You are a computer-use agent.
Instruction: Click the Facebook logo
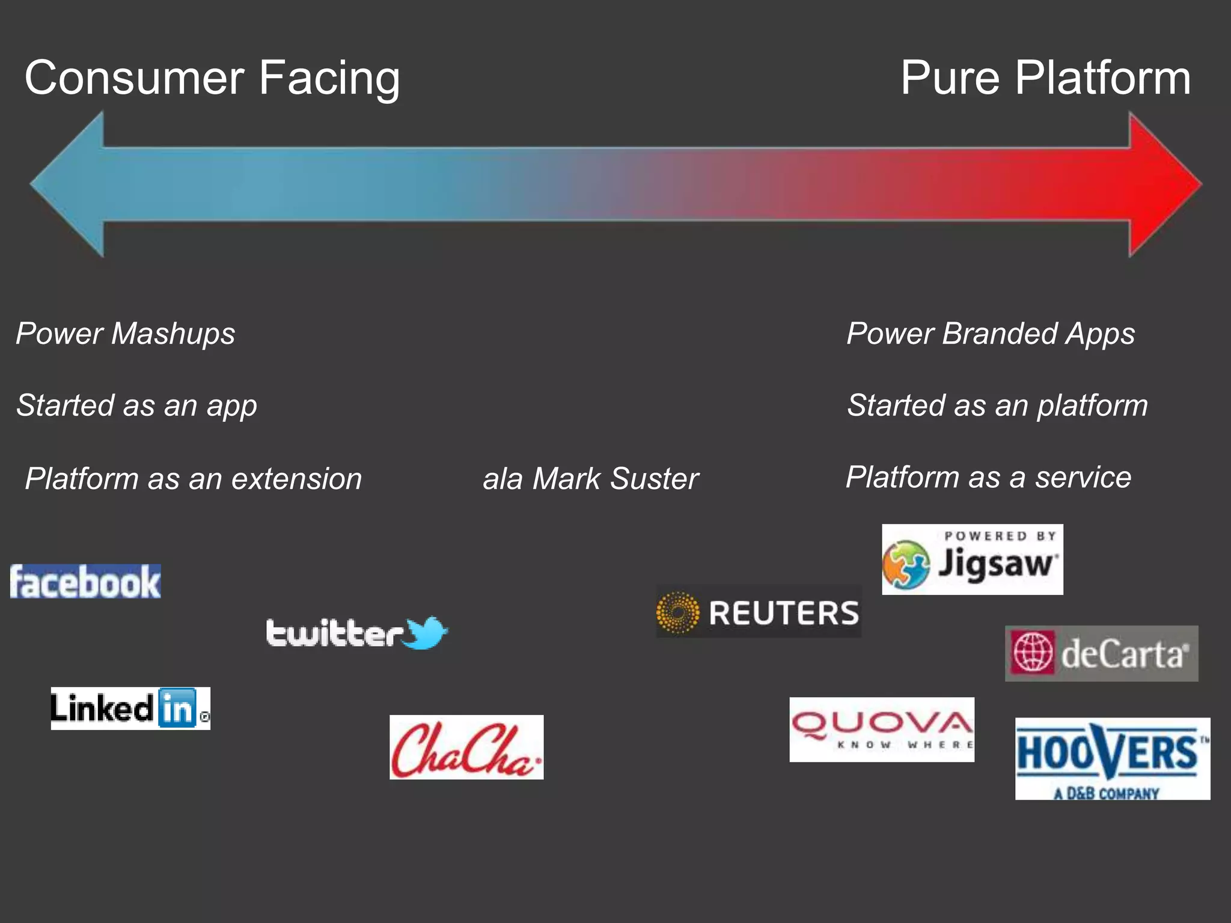(85, 581)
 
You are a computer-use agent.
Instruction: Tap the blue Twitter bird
(426, 633)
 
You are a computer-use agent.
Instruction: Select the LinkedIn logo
(130, 708)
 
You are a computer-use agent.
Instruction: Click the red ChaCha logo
(466, 747)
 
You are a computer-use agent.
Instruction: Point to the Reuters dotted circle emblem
(677, 612)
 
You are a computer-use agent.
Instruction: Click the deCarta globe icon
(1033, 653)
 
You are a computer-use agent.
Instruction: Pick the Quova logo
(882, 729)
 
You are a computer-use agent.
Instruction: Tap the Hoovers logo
(1112, 758)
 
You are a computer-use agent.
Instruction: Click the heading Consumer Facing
(212, 78)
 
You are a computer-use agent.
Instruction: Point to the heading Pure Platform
(1045, 78)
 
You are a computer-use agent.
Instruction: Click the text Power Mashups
(126, 334)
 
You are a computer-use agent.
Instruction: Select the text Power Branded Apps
(991, 334)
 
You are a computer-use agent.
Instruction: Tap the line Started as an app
(137, 406)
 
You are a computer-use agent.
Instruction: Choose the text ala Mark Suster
(590, 479)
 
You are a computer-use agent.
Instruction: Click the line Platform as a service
(988, 478)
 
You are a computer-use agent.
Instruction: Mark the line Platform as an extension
(194, 479)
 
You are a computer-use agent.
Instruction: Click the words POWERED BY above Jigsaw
(1000, 536)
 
